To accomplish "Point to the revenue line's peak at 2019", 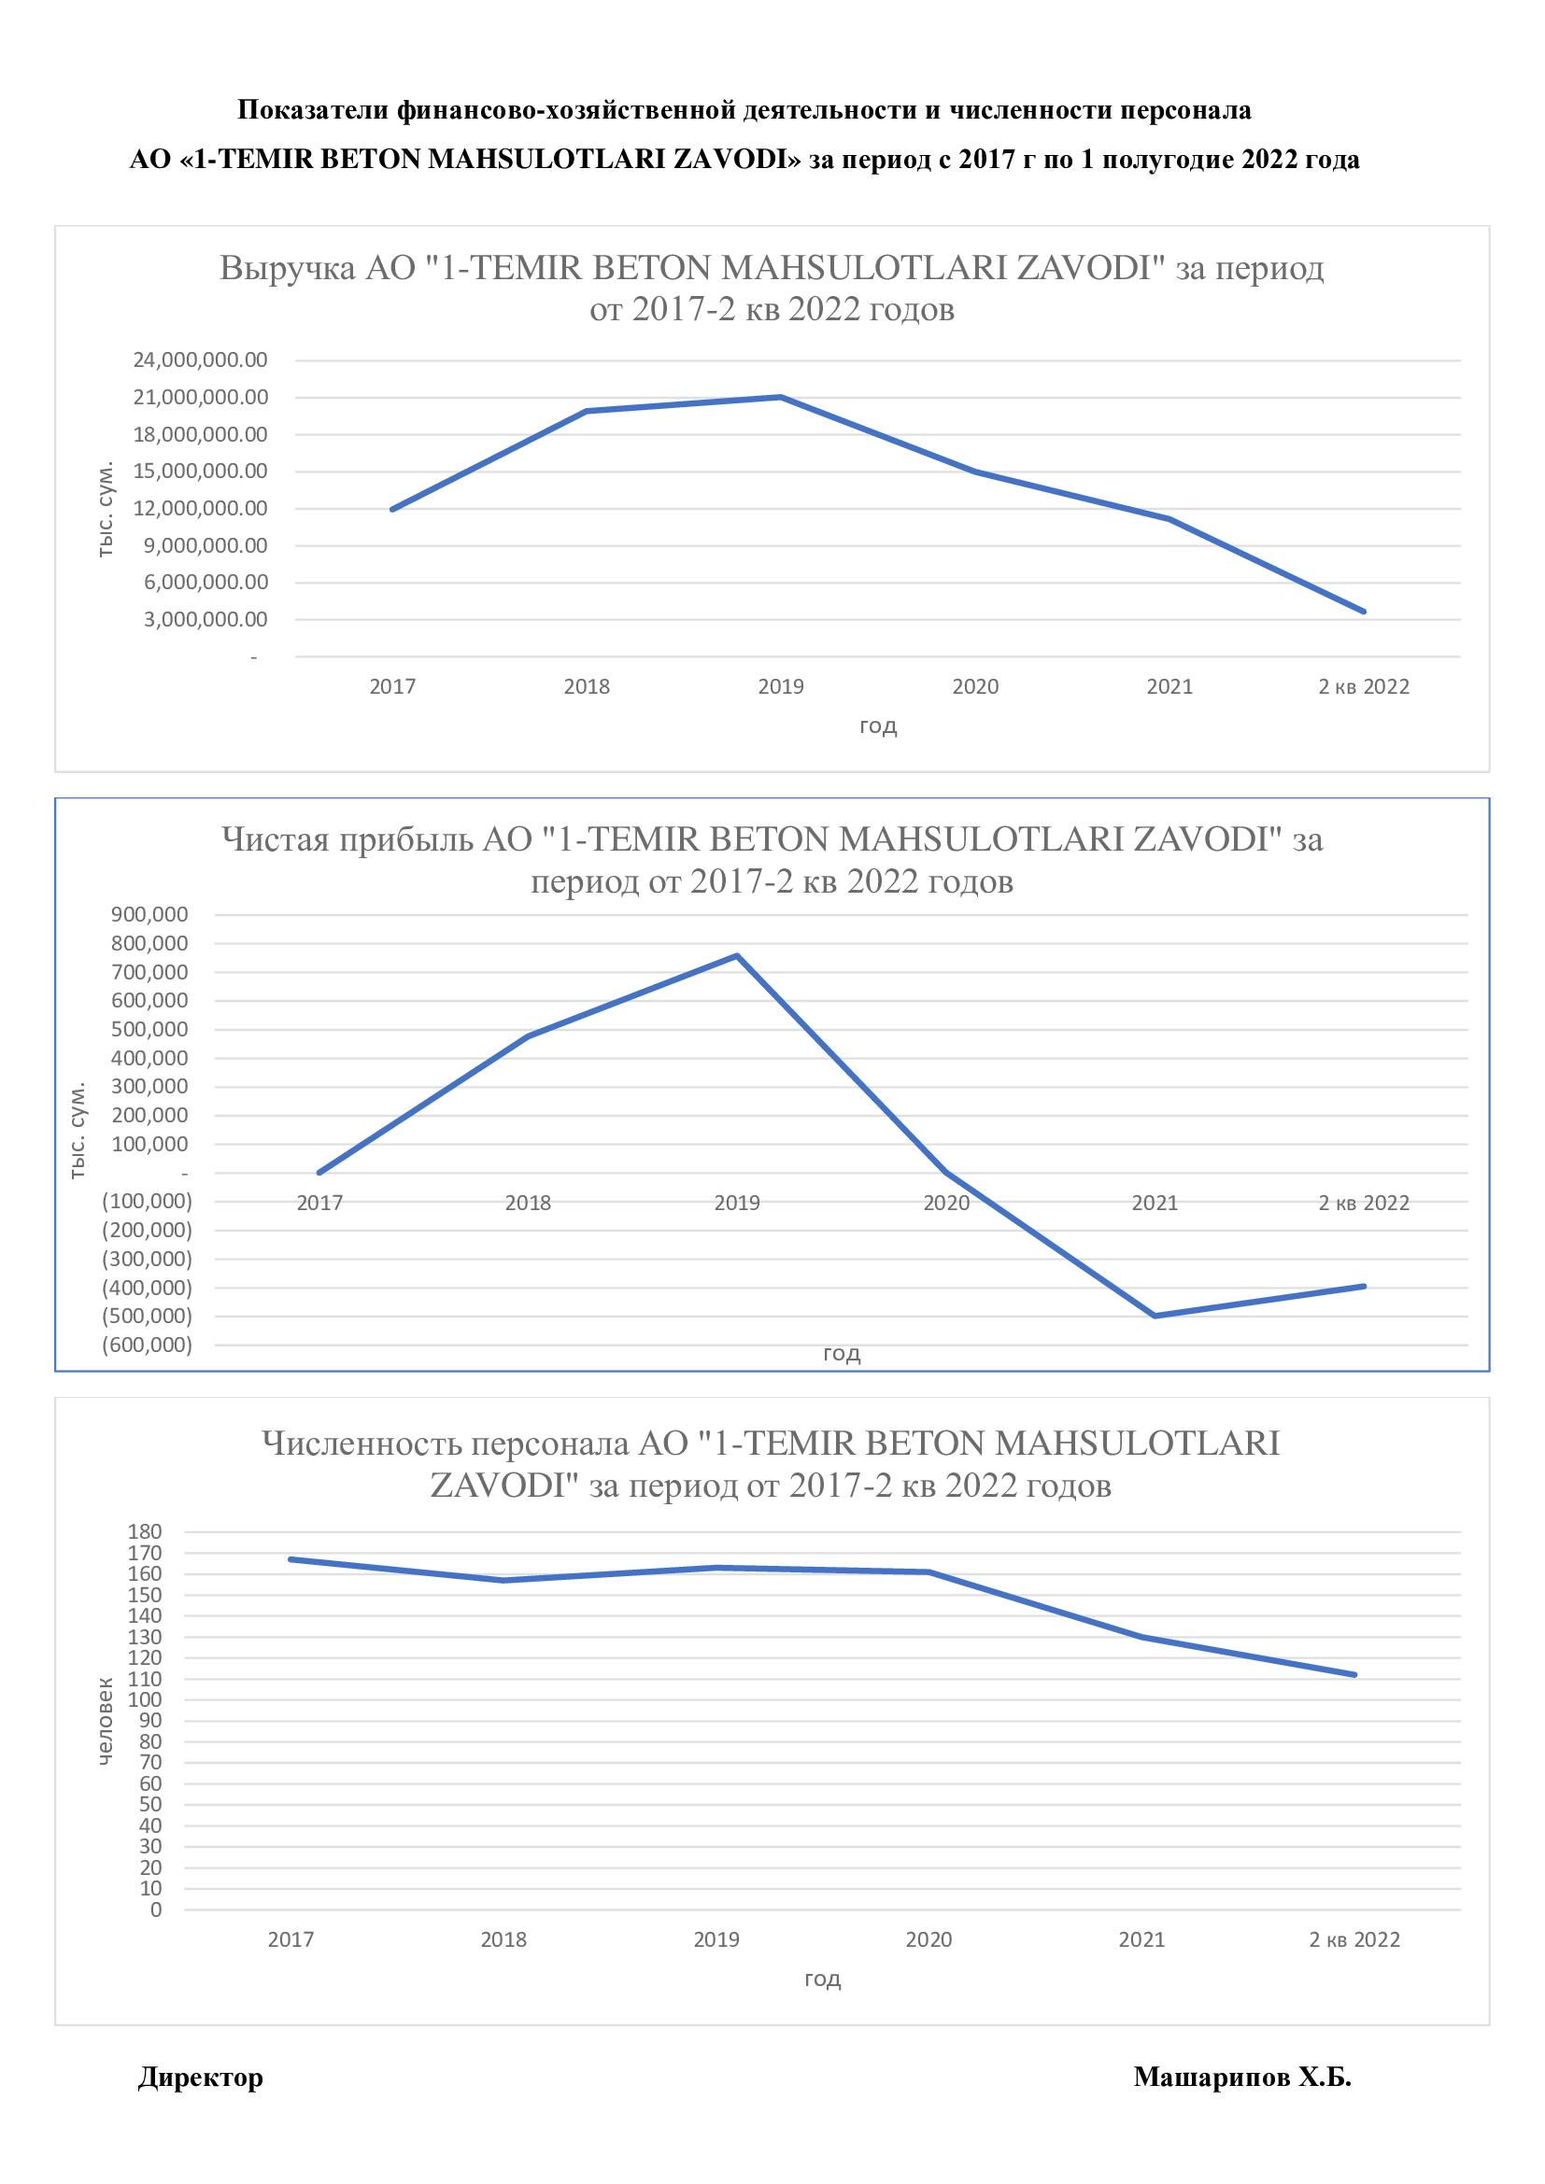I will pyautogui.click(x=781, y=397).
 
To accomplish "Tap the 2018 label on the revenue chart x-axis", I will pyautogui.click(x=586, y=687).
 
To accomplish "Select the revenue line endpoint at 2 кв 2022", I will pyautogui.click(x=1364, y=612).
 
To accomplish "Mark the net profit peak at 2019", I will pyautogui.click(x=737, y=955).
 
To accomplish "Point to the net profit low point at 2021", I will pyautogui.click(x=1155, y=1316).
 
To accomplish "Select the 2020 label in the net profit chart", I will pyautogui.click(x=945, y=1203).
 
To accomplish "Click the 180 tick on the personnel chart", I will pyautogui.click(x=144, y=1531).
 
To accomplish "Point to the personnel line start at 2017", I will pyautogui.click(x=291, y=1559).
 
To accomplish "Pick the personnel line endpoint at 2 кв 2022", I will pyautogui.click(x=1354, y=1675).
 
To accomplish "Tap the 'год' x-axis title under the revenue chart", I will pyautogui.click(x=878, y=726).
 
